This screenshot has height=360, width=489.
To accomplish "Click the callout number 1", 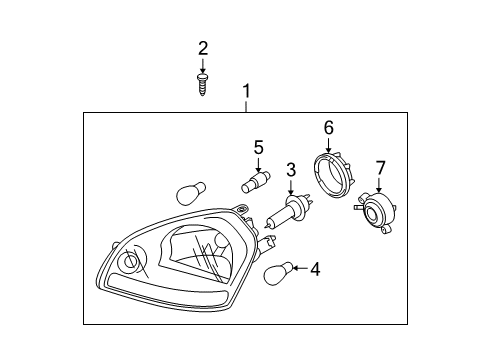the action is (246, 91).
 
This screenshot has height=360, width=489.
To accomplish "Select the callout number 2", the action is (203, 49).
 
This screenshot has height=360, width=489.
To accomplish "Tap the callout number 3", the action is (291, 170).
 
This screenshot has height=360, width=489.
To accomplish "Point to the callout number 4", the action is (315, 269).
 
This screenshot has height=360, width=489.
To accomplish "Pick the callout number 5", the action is (258, 148).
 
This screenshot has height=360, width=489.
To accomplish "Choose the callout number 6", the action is (329, 128).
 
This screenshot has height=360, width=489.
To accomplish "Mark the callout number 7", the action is (380, 168).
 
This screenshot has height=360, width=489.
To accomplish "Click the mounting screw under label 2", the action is (202, 85).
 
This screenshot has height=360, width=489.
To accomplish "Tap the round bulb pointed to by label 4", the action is (278, 273).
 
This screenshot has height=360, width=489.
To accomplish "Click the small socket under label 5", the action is (256, 182).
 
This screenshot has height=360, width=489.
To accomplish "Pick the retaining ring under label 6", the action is (334, 174).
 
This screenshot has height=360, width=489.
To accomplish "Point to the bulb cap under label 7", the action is (375, 212).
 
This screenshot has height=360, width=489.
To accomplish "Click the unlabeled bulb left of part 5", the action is (190, 193).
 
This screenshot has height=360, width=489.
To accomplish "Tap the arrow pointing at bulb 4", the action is (300, 268).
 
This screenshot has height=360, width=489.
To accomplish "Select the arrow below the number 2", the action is (202, 66).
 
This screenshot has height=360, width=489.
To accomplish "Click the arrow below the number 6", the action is (328, 145).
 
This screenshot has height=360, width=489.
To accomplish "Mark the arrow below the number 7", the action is (379, 185).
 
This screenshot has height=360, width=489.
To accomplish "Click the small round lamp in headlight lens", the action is (129, 262).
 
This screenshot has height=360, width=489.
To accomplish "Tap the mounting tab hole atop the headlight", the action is (241, 210).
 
